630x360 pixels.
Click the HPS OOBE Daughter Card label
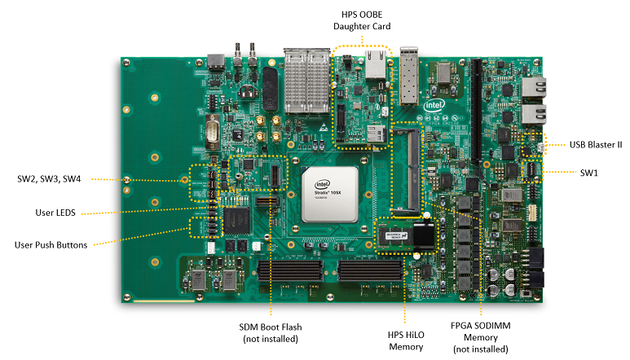[x=361, y=20]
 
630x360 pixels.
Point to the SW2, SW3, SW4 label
[x=54, y=178]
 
